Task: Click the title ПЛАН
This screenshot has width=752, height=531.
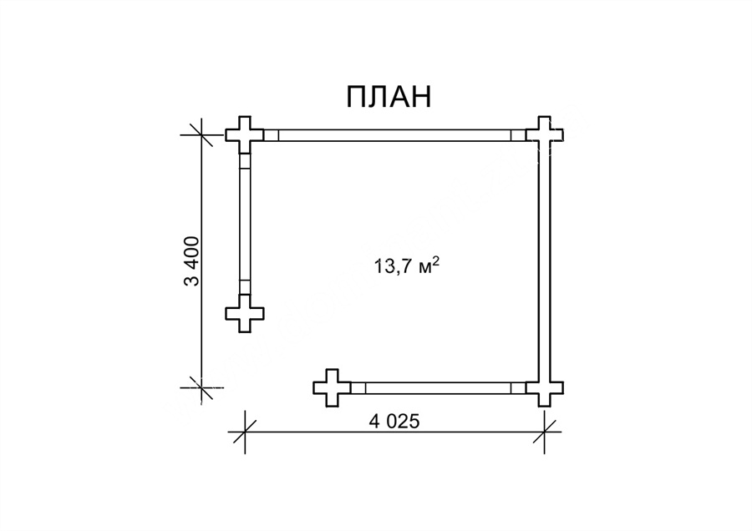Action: [x=389, y=97]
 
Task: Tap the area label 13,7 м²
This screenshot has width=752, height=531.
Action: [x=407, y=265]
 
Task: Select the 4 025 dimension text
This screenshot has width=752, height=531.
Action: [x=394, y=422]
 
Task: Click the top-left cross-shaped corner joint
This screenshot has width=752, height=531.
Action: [x=245, y=134]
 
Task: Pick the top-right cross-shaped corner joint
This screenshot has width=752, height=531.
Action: [x=544, y=134]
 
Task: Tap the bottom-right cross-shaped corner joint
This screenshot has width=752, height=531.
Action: [x=544, y=387]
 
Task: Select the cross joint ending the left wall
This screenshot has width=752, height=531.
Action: [x=245, y=313]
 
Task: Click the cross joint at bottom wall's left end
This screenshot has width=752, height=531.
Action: [x=332, y=387]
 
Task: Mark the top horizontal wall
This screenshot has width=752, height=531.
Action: [x=394, y=135]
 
